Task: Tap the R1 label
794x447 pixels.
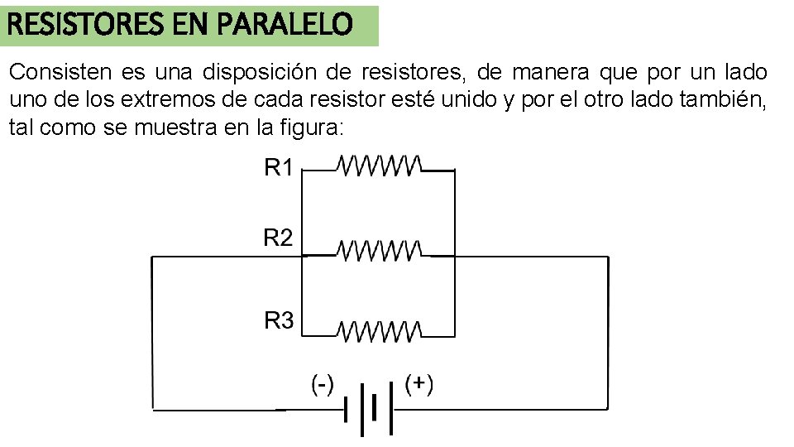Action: tap(279, 169)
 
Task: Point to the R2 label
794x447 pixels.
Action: tap(279, 238)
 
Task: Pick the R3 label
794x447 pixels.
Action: tap(279, 320)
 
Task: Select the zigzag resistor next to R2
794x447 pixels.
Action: tap(380, 248)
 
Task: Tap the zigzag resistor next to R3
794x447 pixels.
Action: tap(380, 331)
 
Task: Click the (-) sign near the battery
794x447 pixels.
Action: tap(322, 384)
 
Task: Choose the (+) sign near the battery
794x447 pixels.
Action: tap(419, 384)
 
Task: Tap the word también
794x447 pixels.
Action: tap(725, 101)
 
